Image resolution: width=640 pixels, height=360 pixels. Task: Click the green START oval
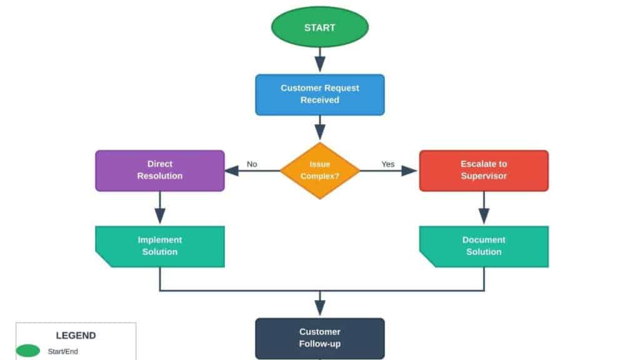(319, 27)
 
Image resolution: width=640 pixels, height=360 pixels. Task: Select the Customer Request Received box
(319, 94)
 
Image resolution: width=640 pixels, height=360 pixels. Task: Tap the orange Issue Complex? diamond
(319, 170)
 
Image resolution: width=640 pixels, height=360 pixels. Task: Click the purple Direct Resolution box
(160, 170)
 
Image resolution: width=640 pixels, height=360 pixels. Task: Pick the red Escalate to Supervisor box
(483, 170)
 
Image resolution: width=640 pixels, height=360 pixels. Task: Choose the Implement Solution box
(160, 246)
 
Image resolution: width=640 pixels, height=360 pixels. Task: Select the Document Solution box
(483, 246)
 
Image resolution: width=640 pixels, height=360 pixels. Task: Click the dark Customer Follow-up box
(319, 338)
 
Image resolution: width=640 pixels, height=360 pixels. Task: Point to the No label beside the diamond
(252, 164)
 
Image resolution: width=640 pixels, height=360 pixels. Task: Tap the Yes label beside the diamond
(388, 164)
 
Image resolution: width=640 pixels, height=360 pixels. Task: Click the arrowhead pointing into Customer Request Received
(320, 64)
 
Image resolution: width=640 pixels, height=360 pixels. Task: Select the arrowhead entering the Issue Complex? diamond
(320, 132)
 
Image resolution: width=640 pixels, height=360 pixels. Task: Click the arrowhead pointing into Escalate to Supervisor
(409, 171)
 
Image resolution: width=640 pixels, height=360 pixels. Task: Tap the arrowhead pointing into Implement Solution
(160, 216)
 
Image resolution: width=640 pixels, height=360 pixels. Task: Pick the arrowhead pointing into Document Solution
(484, 216)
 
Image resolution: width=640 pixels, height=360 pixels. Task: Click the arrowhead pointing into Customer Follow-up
(320, 307)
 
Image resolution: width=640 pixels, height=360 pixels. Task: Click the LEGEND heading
(76, 336)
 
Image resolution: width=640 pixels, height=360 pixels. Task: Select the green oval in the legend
(28, 351)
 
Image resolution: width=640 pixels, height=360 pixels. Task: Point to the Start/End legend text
(63, 352)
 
